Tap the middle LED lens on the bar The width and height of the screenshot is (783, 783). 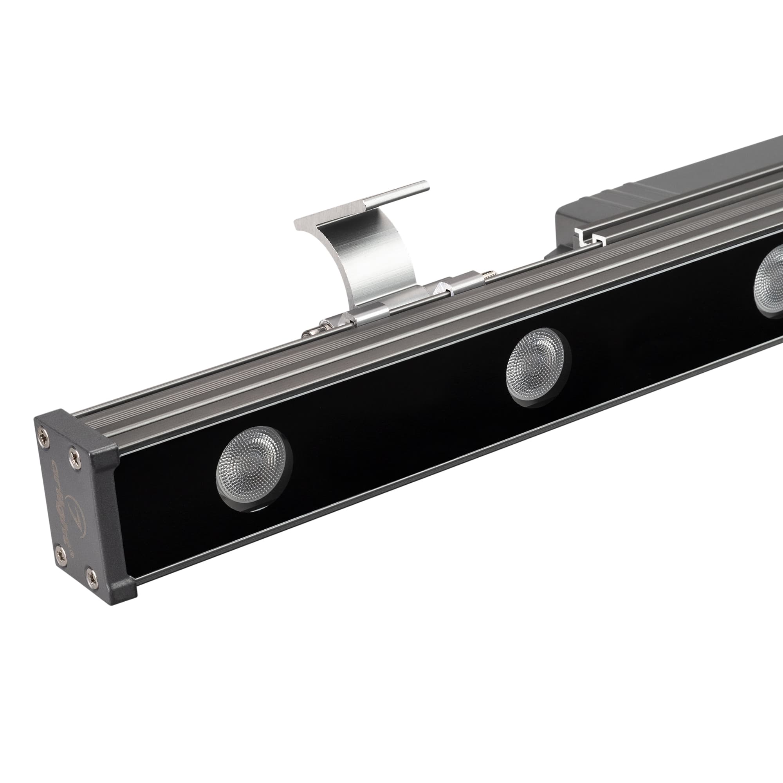[x=536, y=367]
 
